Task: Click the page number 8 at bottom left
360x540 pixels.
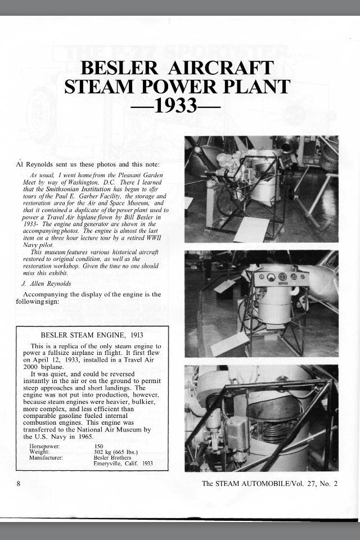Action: tap(19, 483)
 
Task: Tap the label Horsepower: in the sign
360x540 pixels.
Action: tap(45, 446)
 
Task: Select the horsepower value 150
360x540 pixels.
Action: tap(100, 446)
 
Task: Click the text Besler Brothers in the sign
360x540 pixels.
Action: tap(112, 457)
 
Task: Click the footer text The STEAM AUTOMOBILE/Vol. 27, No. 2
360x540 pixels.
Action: tap(269, 483)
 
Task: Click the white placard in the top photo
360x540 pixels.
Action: tap(251, 229)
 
